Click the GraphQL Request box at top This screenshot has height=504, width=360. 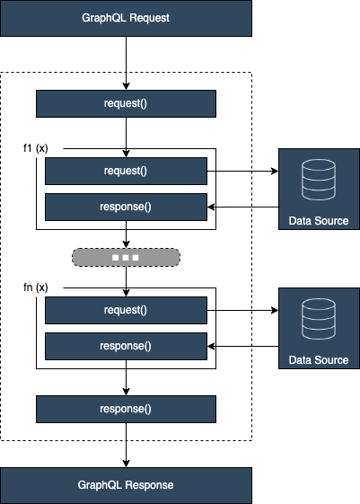(x=126, y=17)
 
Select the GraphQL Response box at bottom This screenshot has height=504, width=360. (x=126, y=484)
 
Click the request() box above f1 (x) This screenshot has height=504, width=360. (x=126, y=103)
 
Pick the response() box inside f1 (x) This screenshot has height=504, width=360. (x=126, y=206)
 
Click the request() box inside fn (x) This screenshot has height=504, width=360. (x=126, y=310)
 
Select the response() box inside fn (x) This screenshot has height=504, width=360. (x=126, y=345)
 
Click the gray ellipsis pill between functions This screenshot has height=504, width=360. (x=126, y=257)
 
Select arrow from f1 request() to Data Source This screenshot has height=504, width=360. (x=242, y=171)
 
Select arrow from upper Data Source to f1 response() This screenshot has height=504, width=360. (x=242, y=206)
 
